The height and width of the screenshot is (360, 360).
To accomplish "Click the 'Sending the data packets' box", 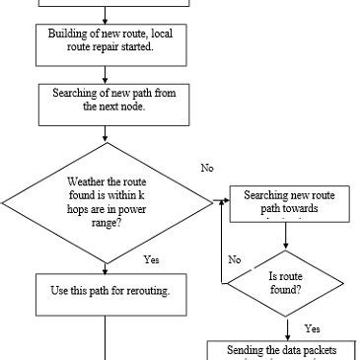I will coord(285,349).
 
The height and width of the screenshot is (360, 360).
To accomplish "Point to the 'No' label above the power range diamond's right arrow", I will coord(207,169).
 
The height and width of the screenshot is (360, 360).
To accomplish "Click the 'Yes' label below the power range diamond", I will coord(151,259).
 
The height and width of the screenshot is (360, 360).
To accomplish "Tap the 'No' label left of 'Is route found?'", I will coord(235,259).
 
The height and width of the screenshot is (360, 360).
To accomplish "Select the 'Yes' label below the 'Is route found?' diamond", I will coord(313,327).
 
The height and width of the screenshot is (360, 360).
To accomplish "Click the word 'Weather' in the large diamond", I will coord(87,182).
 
